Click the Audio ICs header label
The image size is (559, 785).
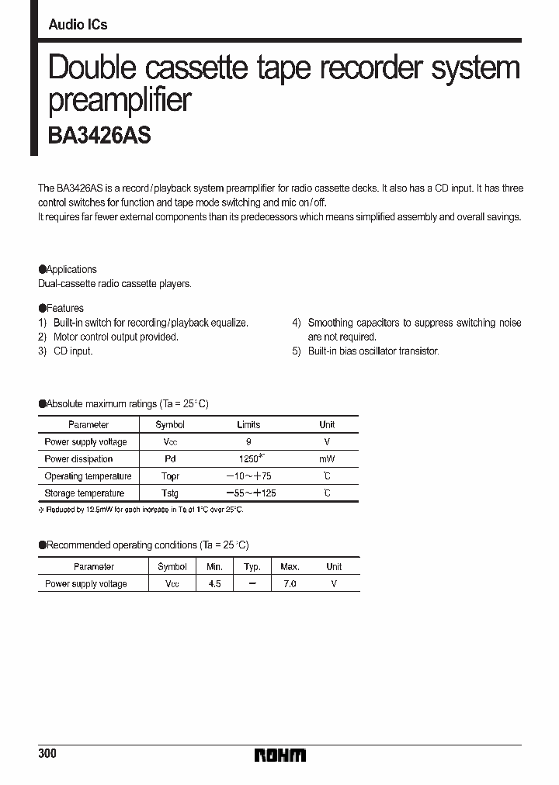point(78,25)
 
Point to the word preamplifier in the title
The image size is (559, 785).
point(120,102)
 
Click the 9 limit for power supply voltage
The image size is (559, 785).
point(248,442)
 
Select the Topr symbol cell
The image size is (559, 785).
point(170,476)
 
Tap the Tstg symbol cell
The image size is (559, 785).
point(170,493)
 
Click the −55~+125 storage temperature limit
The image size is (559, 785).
point(250,493)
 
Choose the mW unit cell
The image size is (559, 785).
point(327,459)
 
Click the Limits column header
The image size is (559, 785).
point(248,425)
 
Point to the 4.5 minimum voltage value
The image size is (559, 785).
point(214,583)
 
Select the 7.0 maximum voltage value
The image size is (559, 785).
point(289,583)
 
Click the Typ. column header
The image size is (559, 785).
point(252,567)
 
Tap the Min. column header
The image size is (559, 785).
point(214,567)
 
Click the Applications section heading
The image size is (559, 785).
point(68,269)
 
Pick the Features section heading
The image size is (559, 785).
point(62,308)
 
